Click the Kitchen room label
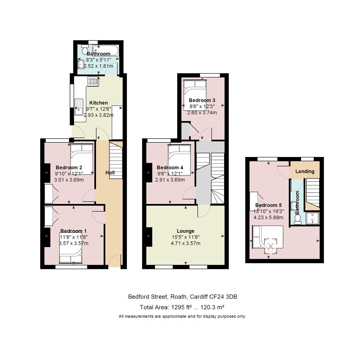pyautogui.click(x=99, y=103)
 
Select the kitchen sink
pyautogui.click(x=79, y=107)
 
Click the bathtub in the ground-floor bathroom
pyautogui.click(x=106, y=50)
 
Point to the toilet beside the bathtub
pyautogui.click(x=85, y=50)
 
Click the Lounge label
pyautogui.click(x=185, y=231)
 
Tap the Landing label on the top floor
pyautogui.click(x=305, y=171)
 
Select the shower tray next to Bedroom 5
pyautogui.click(x=312, y=218)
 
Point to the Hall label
pyautogui.click(x=110, y=173)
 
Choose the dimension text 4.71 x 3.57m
pyautogui.click(x=185, y=243)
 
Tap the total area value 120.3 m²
pyautogui.click(x=212, y=307)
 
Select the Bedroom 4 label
pyautogui.click(x=170, y=168)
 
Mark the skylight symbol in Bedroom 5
pyautogui.click(x=271, y=246)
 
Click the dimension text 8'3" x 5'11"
pyautogui.click(x=99, y=60)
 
